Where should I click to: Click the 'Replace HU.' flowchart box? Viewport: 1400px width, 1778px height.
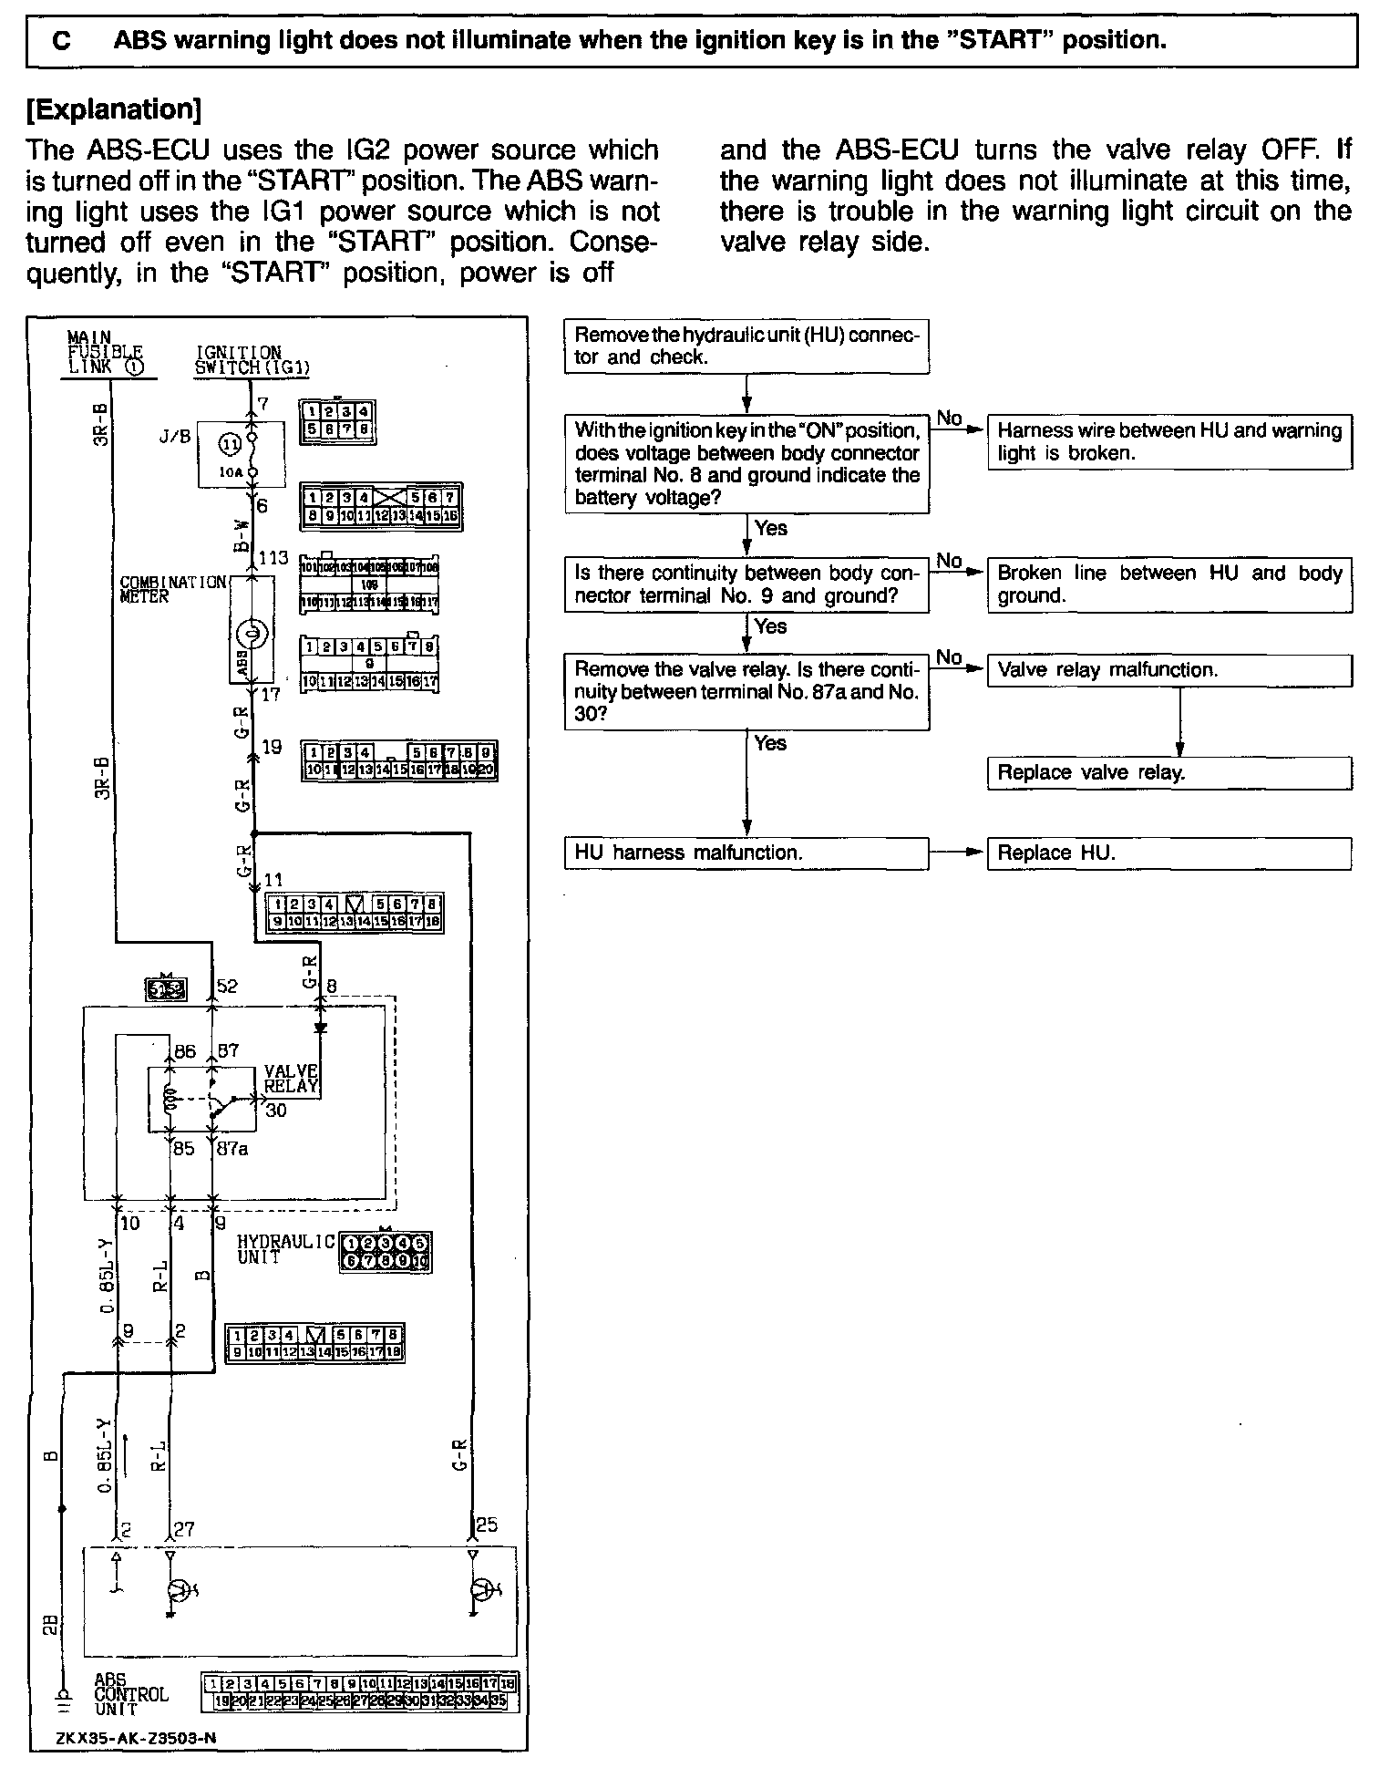(1168, 853)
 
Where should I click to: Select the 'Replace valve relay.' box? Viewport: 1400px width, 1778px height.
(1168, 773)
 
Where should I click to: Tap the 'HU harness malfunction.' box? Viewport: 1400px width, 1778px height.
(746, 853)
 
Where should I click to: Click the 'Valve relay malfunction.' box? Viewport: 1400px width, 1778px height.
(1168, 670)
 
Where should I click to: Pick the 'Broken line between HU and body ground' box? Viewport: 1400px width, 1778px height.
(1168, 584)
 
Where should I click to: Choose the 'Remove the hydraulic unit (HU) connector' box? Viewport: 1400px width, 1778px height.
(746, 346)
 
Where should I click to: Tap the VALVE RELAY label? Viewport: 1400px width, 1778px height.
(291, 1079)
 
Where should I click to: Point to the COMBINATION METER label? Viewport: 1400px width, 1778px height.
(171, 589)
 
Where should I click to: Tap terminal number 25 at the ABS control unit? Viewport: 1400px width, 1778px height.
(487, 1525)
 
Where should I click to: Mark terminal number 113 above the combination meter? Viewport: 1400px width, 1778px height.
(273, 557)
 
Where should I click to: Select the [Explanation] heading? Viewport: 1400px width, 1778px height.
(113, 109)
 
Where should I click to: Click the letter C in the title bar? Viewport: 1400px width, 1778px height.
(63, 41)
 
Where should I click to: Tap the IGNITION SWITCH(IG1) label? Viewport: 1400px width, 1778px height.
(252, 361)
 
